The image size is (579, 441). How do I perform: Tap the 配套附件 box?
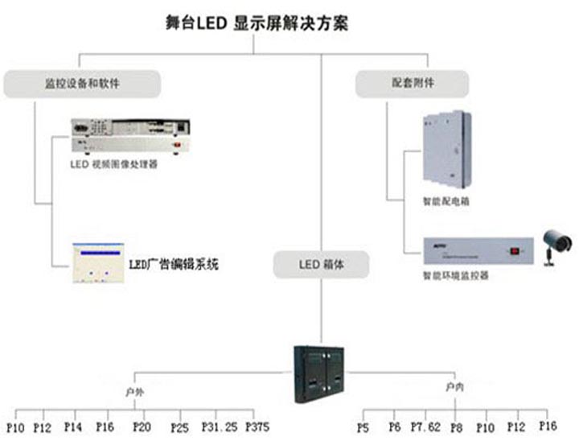pos(412,83)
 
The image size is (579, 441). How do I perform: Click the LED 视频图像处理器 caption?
pos(113,164)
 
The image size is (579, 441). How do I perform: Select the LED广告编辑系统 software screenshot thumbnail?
pos(97,263)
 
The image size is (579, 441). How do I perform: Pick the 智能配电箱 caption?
pos(446,201)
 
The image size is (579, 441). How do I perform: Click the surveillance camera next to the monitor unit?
pos(555,245)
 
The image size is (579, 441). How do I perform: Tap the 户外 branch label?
pos(134,392)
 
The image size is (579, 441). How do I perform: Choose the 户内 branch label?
pos(452,388)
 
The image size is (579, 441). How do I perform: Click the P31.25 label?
pos(219,425)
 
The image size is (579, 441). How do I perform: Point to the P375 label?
pos(258,425)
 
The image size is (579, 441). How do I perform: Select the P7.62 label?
pos(425,425)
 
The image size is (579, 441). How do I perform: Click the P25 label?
pos(179,426)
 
